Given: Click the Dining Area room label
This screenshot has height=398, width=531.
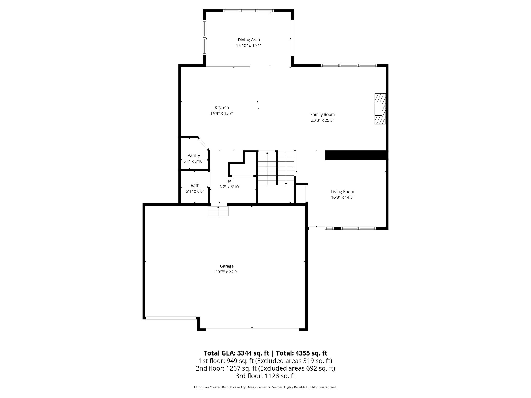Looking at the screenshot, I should (249, 40).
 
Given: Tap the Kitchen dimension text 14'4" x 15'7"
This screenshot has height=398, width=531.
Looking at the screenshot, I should (222, 113).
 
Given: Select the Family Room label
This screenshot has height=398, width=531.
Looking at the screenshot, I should (322, 115).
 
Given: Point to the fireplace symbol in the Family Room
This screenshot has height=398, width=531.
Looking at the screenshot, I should (380, 109).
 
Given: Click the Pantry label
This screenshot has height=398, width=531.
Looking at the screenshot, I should (194, 155).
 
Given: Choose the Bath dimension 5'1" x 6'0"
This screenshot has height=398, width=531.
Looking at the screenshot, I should (195, 191).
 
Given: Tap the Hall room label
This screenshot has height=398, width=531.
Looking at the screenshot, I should (230, 181).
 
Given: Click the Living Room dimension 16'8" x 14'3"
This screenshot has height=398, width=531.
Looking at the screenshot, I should (343, 197).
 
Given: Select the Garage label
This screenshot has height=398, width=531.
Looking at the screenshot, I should (227, 266).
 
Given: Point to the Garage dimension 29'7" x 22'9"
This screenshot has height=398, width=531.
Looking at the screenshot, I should (227, 272).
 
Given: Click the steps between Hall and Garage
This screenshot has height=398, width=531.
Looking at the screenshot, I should (218, 211).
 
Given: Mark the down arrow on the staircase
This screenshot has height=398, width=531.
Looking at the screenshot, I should (286, 183).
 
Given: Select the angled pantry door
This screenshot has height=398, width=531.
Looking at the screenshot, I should (204, 143).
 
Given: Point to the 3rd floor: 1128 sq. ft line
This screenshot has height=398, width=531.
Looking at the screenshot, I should (265, 376).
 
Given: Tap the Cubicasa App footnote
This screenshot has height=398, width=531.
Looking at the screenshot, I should (265, 387).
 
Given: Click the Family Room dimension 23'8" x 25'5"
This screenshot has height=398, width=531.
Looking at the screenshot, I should (322, 120).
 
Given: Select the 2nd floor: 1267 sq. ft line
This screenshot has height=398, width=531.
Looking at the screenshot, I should (265, 368).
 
